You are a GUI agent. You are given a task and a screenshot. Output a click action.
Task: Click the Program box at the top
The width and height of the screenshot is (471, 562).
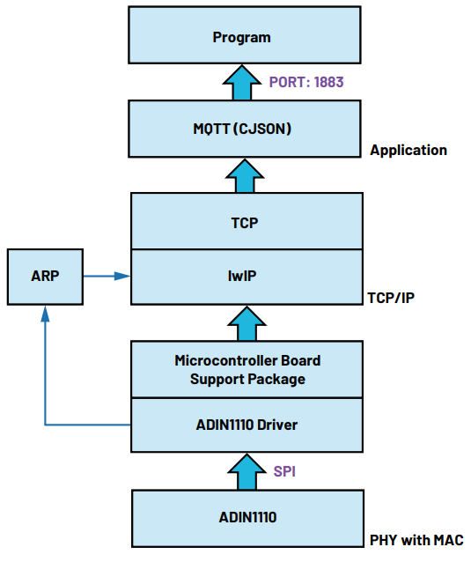[x=245, y=35]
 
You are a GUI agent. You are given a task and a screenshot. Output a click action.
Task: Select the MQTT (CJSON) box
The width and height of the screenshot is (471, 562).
[x=245, y=129]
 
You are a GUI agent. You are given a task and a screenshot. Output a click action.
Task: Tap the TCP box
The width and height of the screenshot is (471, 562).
[x=247, y=221]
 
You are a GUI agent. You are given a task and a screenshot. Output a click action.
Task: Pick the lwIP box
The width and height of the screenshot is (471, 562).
[x=247, y=277]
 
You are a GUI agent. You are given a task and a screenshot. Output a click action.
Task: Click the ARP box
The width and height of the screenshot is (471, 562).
[x=45, y=277]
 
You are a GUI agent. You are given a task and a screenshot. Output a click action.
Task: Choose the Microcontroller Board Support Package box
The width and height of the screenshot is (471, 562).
[x=247, y=370]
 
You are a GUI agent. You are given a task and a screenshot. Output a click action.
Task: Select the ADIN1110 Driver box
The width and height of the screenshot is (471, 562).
[x=247, y=425]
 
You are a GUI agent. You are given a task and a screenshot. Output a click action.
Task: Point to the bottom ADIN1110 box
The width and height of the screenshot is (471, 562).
[x=248, y=518]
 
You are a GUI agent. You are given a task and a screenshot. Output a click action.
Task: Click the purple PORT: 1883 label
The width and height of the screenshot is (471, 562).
[x=306, y=82]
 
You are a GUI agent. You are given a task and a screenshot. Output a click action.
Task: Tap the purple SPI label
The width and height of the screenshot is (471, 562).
[x=284, y=471]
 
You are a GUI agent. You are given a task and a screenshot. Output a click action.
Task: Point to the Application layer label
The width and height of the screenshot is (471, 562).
[x=408, y=150]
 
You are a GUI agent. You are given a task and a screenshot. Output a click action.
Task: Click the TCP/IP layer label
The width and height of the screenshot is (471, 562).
[x=391, y=298]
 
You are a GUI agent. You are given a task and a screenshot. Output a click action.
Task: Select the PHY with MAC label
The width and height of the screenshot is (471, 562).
[x=416, y=540]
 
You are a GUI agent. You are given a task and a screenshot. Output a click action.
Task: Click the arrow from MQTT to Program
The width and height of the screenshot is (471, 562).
[x=242, y=83]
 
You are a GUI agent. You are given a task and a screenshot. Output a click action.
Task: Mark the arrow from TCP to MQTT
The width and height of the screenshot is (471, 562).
[x=245, y=176]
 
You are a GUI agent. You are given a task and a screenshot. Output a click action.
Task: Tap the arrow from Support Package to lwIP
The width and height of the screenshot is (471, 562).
[x=247, y=323]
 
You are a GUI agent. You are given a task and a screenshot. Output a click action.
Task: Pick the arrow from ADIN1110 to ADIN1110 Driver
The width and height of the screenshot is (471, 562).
[x=247, y=471]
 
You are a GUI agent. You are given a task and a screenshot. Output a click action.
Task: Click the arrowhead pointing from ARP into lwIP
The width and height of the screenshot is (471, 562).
[x=122, y=276]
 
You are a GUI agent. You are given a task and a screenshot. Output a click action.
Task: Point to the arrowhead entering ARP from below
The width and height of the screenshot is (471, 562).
[x=45, y=314]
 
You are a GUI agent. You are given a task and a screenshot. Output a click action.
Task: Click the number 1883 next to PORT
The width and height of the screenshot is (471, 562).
[x=328, y=82]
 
